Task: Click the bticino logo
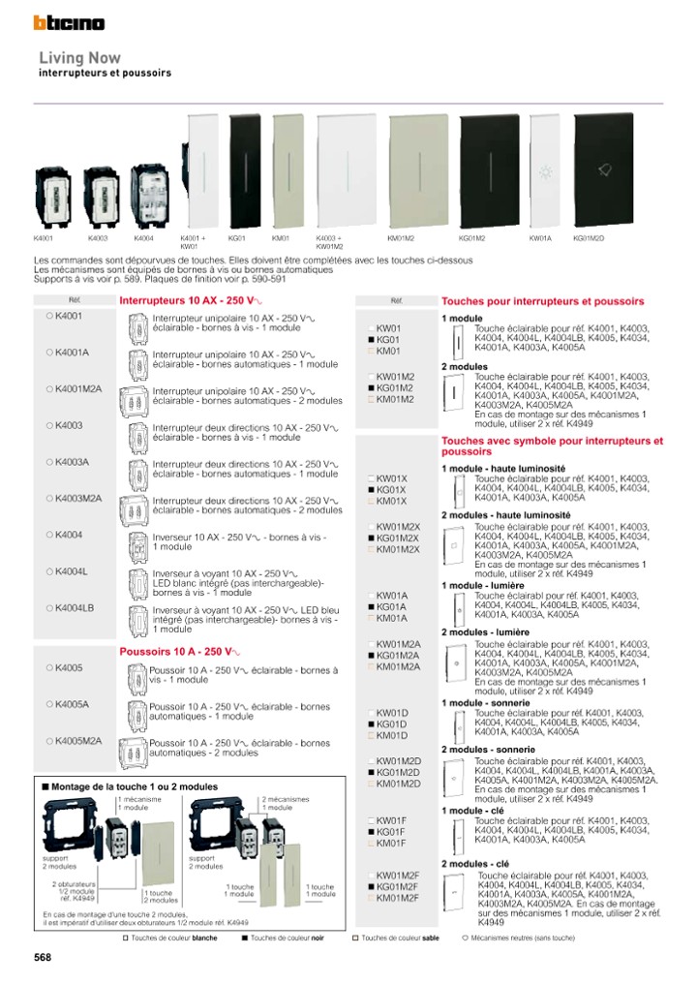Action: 70,22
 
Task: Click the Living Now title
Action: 79,58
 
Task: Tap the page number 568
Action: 43,957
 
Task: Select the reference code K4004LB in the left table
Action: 75,608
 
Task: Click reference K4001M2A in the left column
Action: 78,389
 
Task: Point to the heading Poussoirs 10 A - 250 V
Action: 179,652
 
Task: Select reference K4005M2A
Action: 78,741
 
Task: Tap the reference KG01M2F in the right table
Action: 397,886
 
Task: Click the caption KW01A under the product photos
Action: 540,237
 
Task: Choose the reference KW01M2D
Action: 397,761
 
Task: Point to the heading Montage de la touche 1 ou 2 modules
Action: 134,786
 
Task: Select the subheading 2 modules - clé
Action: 475,864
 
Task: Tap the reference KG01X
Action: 390,490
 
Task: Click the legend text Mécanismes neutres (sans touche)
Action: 524,938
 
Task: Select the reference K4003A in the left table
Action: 72,462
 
